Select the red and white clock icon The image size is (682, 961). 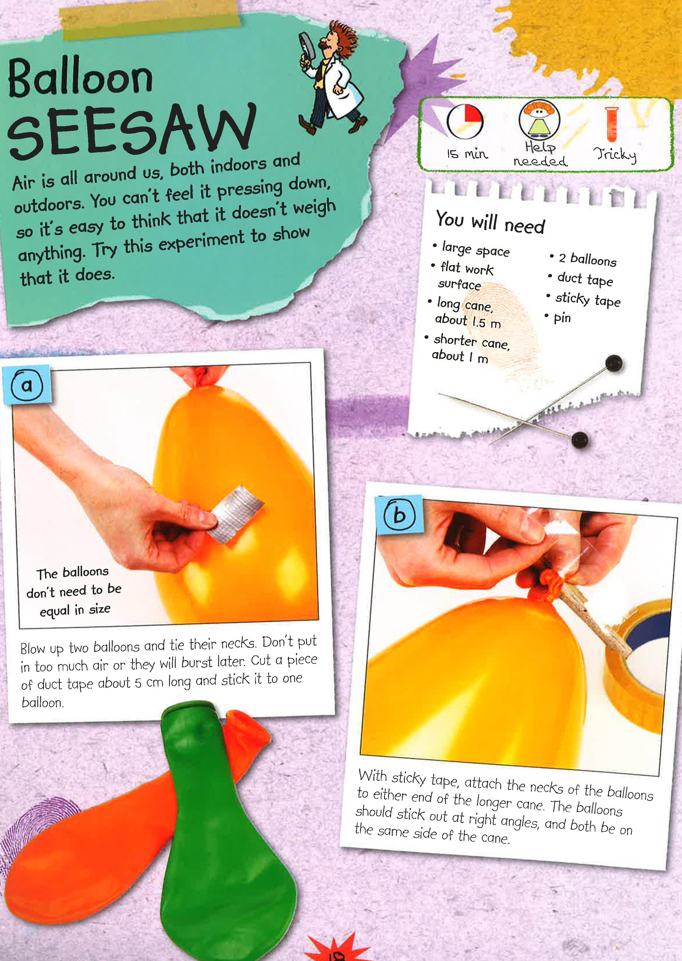click(x=464, y=121)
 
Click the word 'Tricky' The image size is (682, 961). click(x=615, y=155)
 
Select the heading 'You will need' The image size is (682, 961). click(x=490, y=222)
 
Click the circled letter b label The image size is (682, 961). click(x=399, y=515)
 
